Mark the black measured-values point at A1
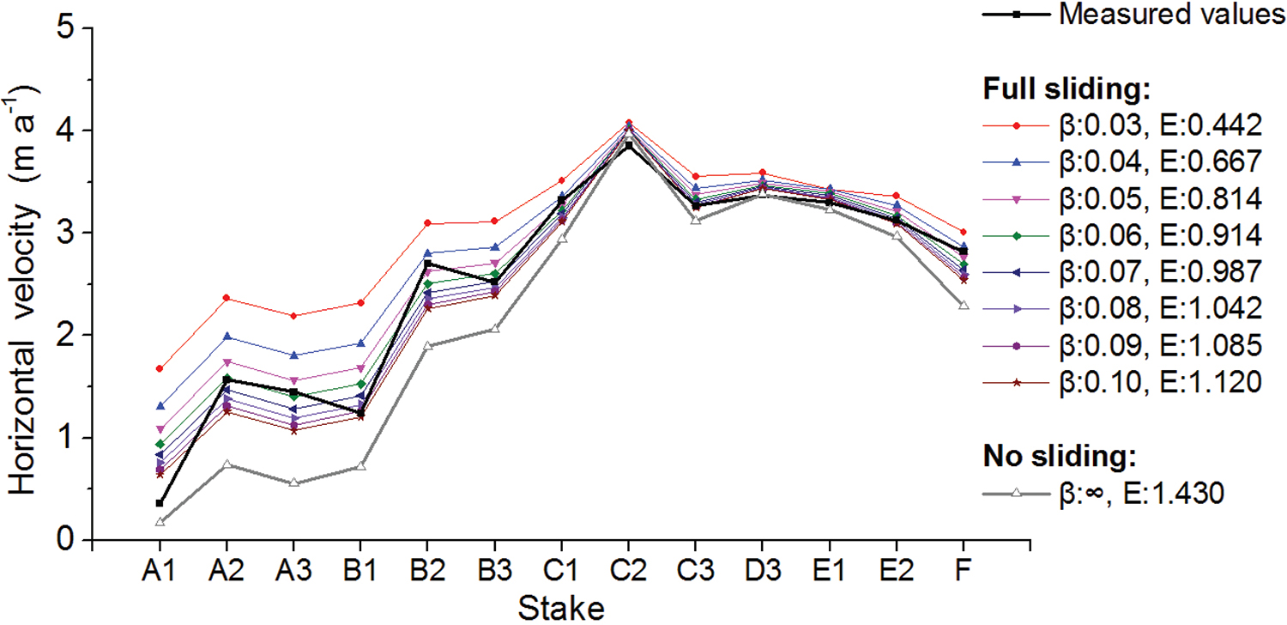(x=160, y=503)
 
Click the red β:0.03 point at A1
(x=160, y=368)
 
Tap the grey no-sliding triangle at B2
(x=427, y=346)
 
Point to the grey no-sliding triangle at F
(x=963, y=305)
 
